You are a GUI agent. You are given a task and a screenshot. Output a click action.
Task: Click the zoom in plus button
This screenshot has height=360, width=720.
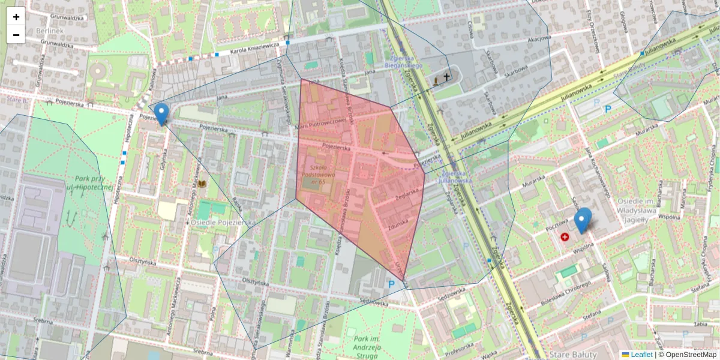tap(16, 17)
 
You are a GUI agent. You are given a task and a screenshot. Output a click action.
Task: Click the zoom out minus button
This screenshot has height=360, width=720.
tap(16, 35)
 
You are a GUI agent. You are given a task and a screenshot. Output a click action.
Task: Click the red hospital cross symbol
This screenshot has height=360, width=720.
tap(565, 237)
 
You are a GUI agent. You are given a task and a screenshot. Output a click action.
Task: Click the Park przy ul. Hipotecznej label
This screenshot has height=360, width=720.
tap(90, 183)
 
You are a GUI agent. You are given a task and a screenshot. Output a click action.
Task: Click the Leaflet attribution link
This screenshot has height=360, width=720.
tap(641, 355)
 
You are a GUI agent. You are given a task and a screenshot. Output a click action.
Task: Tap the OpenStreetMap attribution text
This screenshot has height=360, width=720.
tap(689, 355)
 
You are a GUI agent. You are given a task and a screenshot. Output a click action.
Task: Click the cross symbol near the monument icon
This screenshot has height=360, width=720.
tap(446, 76)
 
